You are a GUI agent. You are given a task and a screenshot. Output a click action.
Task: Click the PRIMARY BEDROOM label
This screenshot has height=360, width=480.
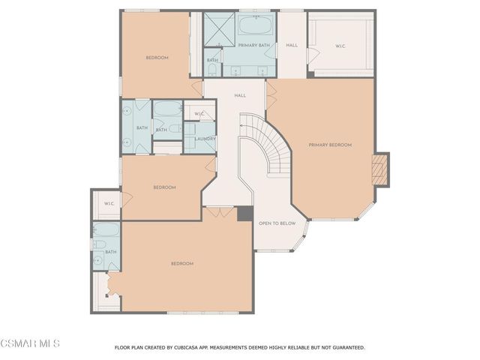pyautogui.click(x=329, y=145)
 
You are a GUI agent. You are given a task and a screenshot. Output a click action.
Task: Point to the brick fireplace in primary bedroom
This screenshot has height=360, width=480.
pyautogui.click(x=381, y=169)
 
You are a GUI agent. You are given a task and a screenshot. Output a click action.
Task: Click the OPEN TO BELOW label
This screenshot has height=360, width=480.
pyautogui.click(x=277, y=223)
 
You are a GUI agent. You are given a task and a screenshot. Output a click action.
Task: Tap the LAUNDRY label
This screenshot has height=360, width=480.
pyautogui.click(x=205, y=139)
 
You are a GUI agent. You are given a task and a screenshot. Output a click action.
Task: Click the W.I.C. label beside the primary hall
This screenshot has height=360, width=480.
pyautogui.click(x=340, y=46)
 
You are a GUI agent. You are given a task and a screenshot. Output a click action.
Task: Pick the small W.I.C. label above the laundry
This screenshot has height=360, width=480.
pyautogui.click(x=199, y=114)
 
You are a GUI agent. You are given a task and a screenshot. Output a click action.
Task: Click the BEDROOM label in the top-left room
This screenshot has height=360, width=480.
pyautogui.click(x=157, y=58)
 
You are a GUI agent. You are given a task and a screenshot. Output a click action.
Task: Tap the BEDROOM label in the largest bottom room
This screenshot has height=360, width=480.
pyautogui.click(x=182, y=263)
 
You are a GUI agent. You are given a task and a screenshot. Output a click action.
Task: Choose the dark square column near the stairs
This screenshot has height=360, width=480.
pyautogui.click(x=245, y=213)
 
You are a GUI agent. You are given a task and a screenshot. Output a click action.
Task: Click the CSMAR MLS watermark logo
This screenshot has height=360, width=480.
pyautogui.click(x=29, y=344)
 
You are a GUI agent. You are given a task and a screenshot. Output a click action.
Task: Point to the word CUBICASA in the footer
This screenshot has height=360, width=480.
pyautogui.click(x=190, y=348)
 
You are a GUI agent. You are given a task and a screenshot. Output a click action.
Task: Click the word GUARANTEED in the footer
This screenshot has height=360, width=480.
pyautogui.click(x=344, y=348)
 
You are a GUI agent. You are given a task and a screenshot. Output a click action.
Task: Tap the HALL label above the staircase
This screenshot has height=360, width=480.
pyautogui.click(x=240, y=95)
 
